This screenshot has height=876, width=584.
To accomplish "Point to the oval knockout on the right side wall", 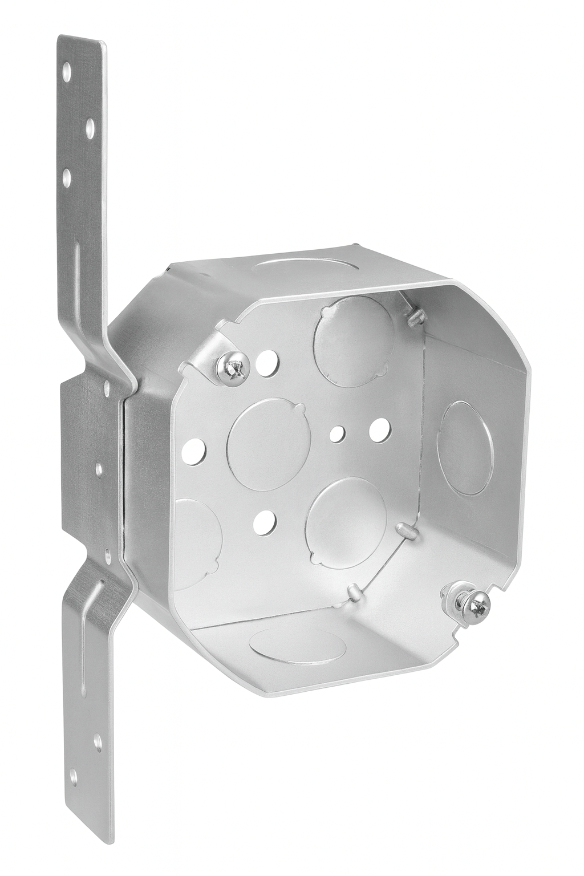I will coord(465,448).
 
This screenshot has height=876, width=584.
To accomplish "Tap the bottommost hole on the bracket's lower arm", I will coord(74,774).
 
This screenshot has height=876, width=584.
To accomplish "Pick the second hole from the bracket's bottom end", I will coord(98,742).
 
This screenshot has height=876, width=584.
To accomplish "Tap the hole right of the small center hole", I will coord(376,429).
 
